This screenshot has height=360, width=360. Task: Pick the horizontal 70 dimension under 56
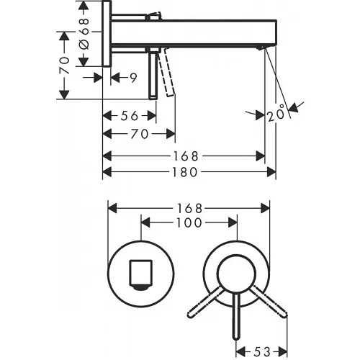coord(140,134)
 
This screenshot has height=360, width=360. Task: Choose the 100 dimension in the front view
coord(187,223)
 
